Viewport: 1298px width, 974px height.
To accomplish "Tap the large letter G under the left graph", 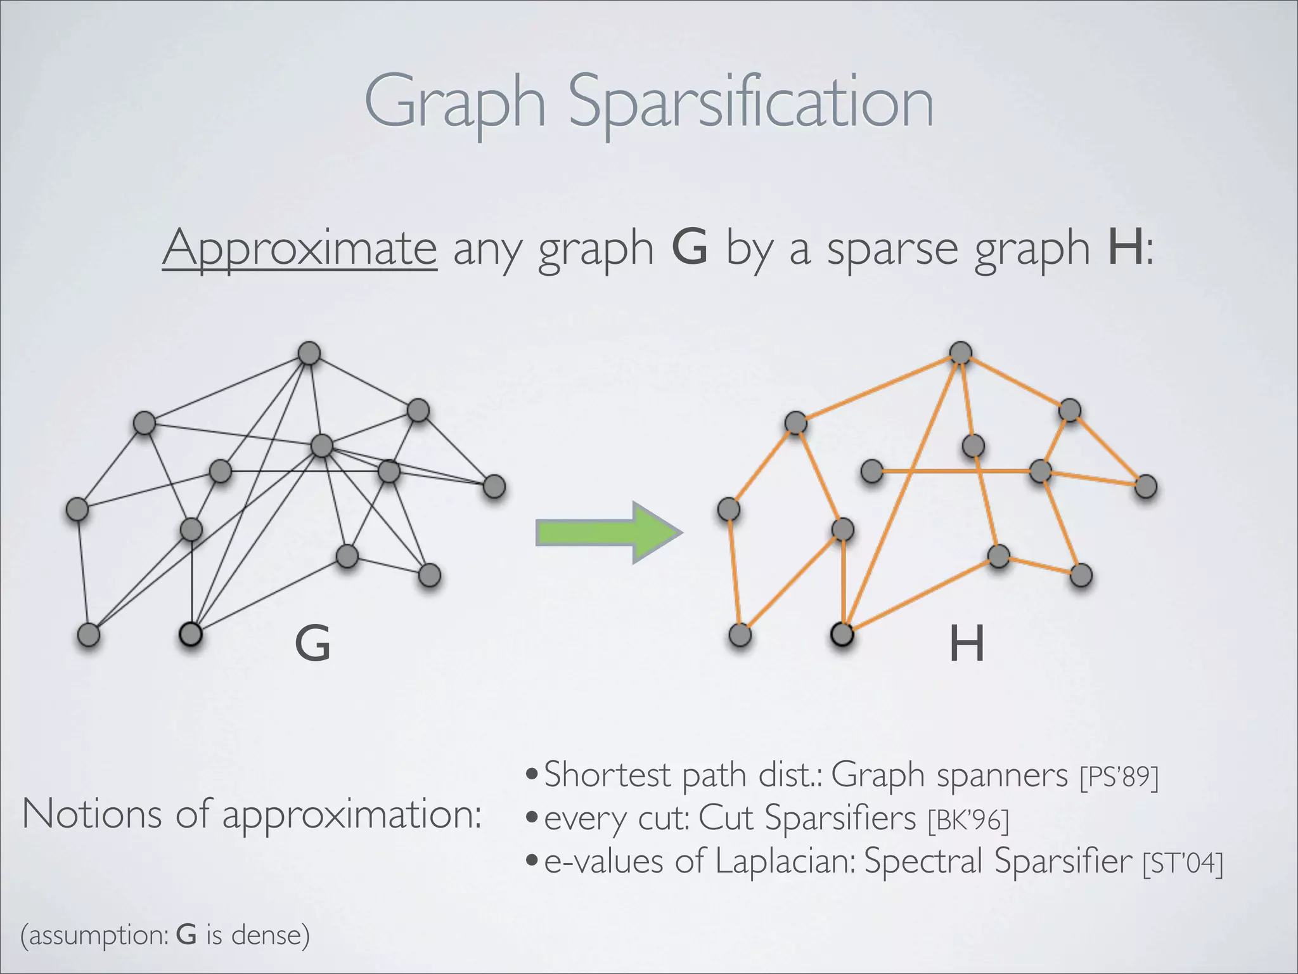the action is click(312, 644).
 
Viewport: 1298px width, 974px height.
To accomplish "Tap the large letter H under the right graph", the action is click(967, 644).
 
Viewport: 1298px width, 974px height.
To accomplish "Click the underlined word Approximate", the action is click(299, 248).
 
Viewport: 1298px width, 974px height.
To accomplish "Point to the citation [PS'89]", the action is click(1119, 777).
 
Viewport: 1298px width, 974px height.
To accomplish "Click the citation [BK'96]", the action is click(968, 820).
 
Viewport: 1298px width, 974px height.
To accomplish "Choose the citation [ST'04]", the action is click(1182, 863).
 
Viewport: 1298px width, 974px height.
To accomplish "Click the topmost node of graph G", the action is click(309, 353).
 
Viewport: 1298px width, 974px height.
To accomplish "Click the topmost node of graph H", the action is click(961, 353).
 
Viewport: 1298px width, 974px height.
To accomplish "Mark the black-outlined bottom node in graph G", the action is click(191, 633).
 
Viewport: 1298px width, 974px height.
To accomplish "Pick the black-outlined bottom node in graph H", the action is click(842, 633).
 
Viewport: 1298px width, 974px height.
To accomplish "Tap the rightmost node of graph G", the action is click(494, 486).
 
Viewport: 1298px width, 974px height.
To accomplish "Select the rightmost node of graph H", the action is click(1146, 486).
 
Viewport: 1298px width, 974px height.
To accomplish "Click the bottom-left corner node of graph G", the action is click(89, 634).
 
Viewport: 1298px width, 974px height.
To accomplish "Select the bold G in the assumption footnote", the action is click(186, 935).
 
